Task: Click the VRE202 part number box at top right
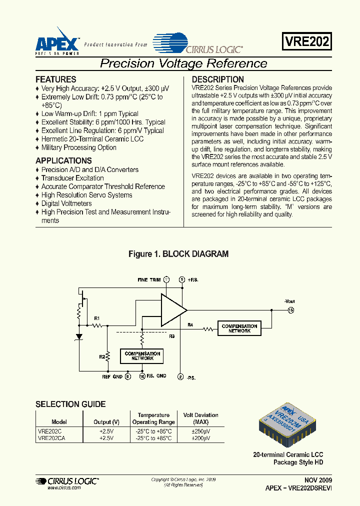307,41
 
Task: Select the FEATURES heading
56,79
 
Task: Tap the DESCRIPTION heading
218,79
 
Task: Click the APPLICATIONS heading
63,160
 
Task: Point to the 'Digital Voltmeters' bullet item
66,203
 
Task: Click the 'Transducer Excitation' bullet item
72,178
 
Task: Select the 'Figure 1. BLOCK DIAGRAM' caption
178,254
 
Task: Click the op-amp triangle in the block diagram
172,310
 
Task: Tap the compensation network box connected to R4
239,328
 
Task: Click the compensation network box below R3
142,356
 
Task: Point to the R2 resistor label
101,356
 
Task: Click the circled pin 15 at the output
290,310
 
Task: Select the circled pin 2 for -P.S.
180,377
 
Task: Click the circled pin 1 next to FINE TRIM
166,279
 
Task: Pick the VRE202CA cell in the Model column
51,437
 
